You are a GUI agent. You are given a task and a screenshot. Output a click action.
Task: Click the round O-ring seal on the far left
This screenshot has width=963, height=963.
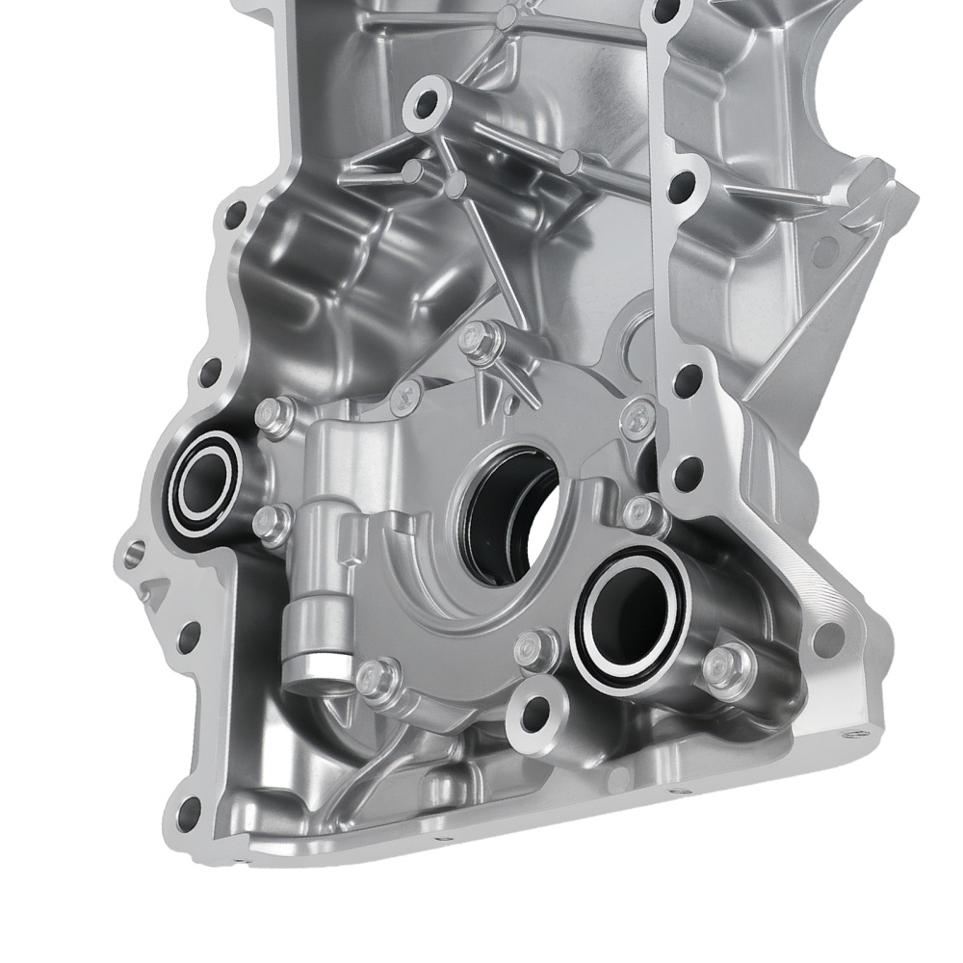click(x=203, y=480)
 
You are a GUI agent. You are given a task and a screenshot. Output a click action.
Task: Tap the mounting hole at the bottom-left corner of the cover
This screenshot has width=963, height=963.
click(x=189, y=806)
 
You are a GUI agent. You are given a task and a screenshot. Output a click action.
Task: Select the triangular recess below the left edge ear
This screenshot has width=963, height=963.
click(x=153, y=592)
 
